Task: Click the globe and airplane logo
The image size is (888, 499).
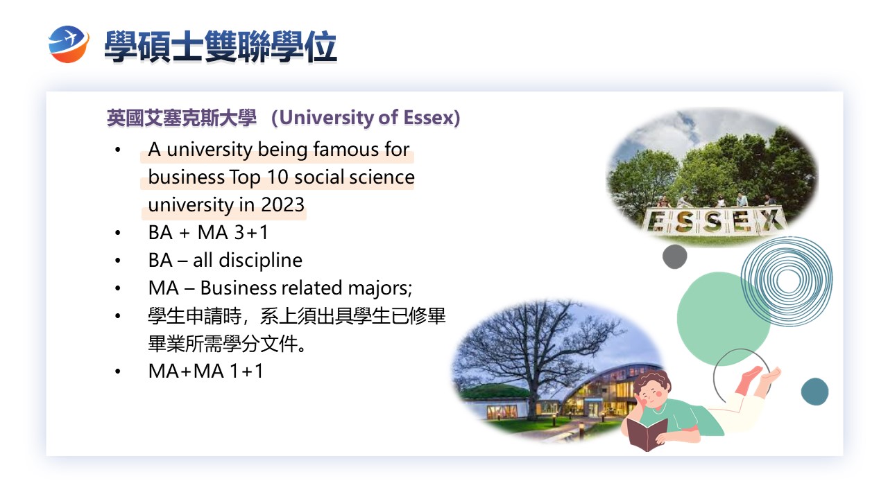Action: [x=69, y=44]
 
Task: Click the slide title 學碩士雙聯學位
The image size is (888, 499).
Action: [x=221, y=46]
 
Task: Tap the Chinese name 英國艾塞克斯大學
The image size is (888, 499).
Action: [x=182, y=118]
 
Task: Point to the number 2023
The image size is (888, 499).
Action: [x=282, y=204]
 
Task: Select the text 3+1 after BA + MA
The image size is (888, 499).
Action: [x=251, y=232]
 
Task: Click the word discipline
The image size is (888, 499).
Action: [x=260, y=260]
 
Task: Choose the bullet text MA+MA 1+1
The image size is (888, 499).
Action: [x=205, y=371]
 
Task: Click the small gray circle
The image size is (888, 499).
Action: [x=675, y=256]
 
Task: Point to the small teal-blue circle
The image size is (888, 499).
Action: [x=814, y=392]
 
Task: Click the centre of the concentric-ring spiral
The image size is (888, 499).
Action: [x=787, y=281]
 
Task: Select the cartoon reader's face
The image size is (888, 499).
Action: [x=652, y=395]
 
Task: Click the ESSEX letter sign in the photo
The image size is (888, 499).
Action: [x=714, y=219]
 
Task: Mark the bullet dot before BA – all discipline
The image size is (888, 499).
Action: [x=117, y=261]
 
